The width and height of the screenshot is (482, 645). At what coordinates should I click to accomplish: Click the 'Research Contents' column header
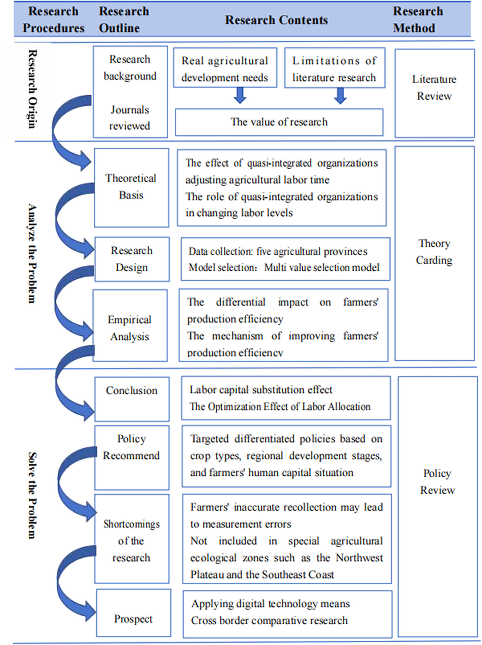(276, 20)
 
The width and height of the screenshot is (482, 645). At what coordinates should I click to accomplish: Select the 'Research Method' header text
(418, 20)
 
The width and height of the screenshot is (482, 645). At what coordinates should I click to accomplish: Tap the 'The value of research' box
(279, 122)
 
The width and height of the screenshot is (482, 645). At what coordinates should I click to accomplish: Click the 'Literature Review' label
(434, 87)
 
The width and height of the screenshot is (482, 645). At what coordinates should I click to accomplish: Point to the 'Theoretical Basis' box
(131, 187)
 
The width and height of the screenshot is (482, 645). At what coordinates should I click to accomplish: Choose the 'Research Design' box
(132, 259)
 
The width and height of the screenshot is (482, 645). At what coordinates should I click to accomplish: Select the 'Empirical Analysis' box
(130, 328)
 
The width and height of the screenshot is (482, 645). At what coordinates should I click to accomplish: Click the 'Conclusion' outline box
(132, 398)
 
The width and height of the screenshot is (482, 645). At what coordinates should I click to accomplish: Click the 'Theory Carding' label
(434, 252)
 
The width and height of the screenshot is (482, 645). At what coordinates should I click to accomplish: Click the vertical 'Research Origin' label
(33, 89)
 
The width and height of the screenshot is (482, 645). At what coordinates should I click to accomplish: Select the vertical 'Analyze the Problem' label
(33, 253)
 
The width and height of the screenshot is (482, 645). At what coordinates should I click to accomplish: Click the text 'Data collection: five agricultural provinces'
(278, 251)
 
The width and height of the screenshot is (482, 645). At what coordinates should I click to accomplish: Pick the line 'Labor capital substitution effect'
(261, 390)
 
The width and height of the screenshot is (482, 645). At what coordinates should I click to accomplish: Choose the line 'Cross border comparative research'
(269, 620)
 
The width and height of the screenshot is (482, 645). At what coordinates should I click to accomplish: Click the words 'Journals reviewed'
(130, 118)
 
